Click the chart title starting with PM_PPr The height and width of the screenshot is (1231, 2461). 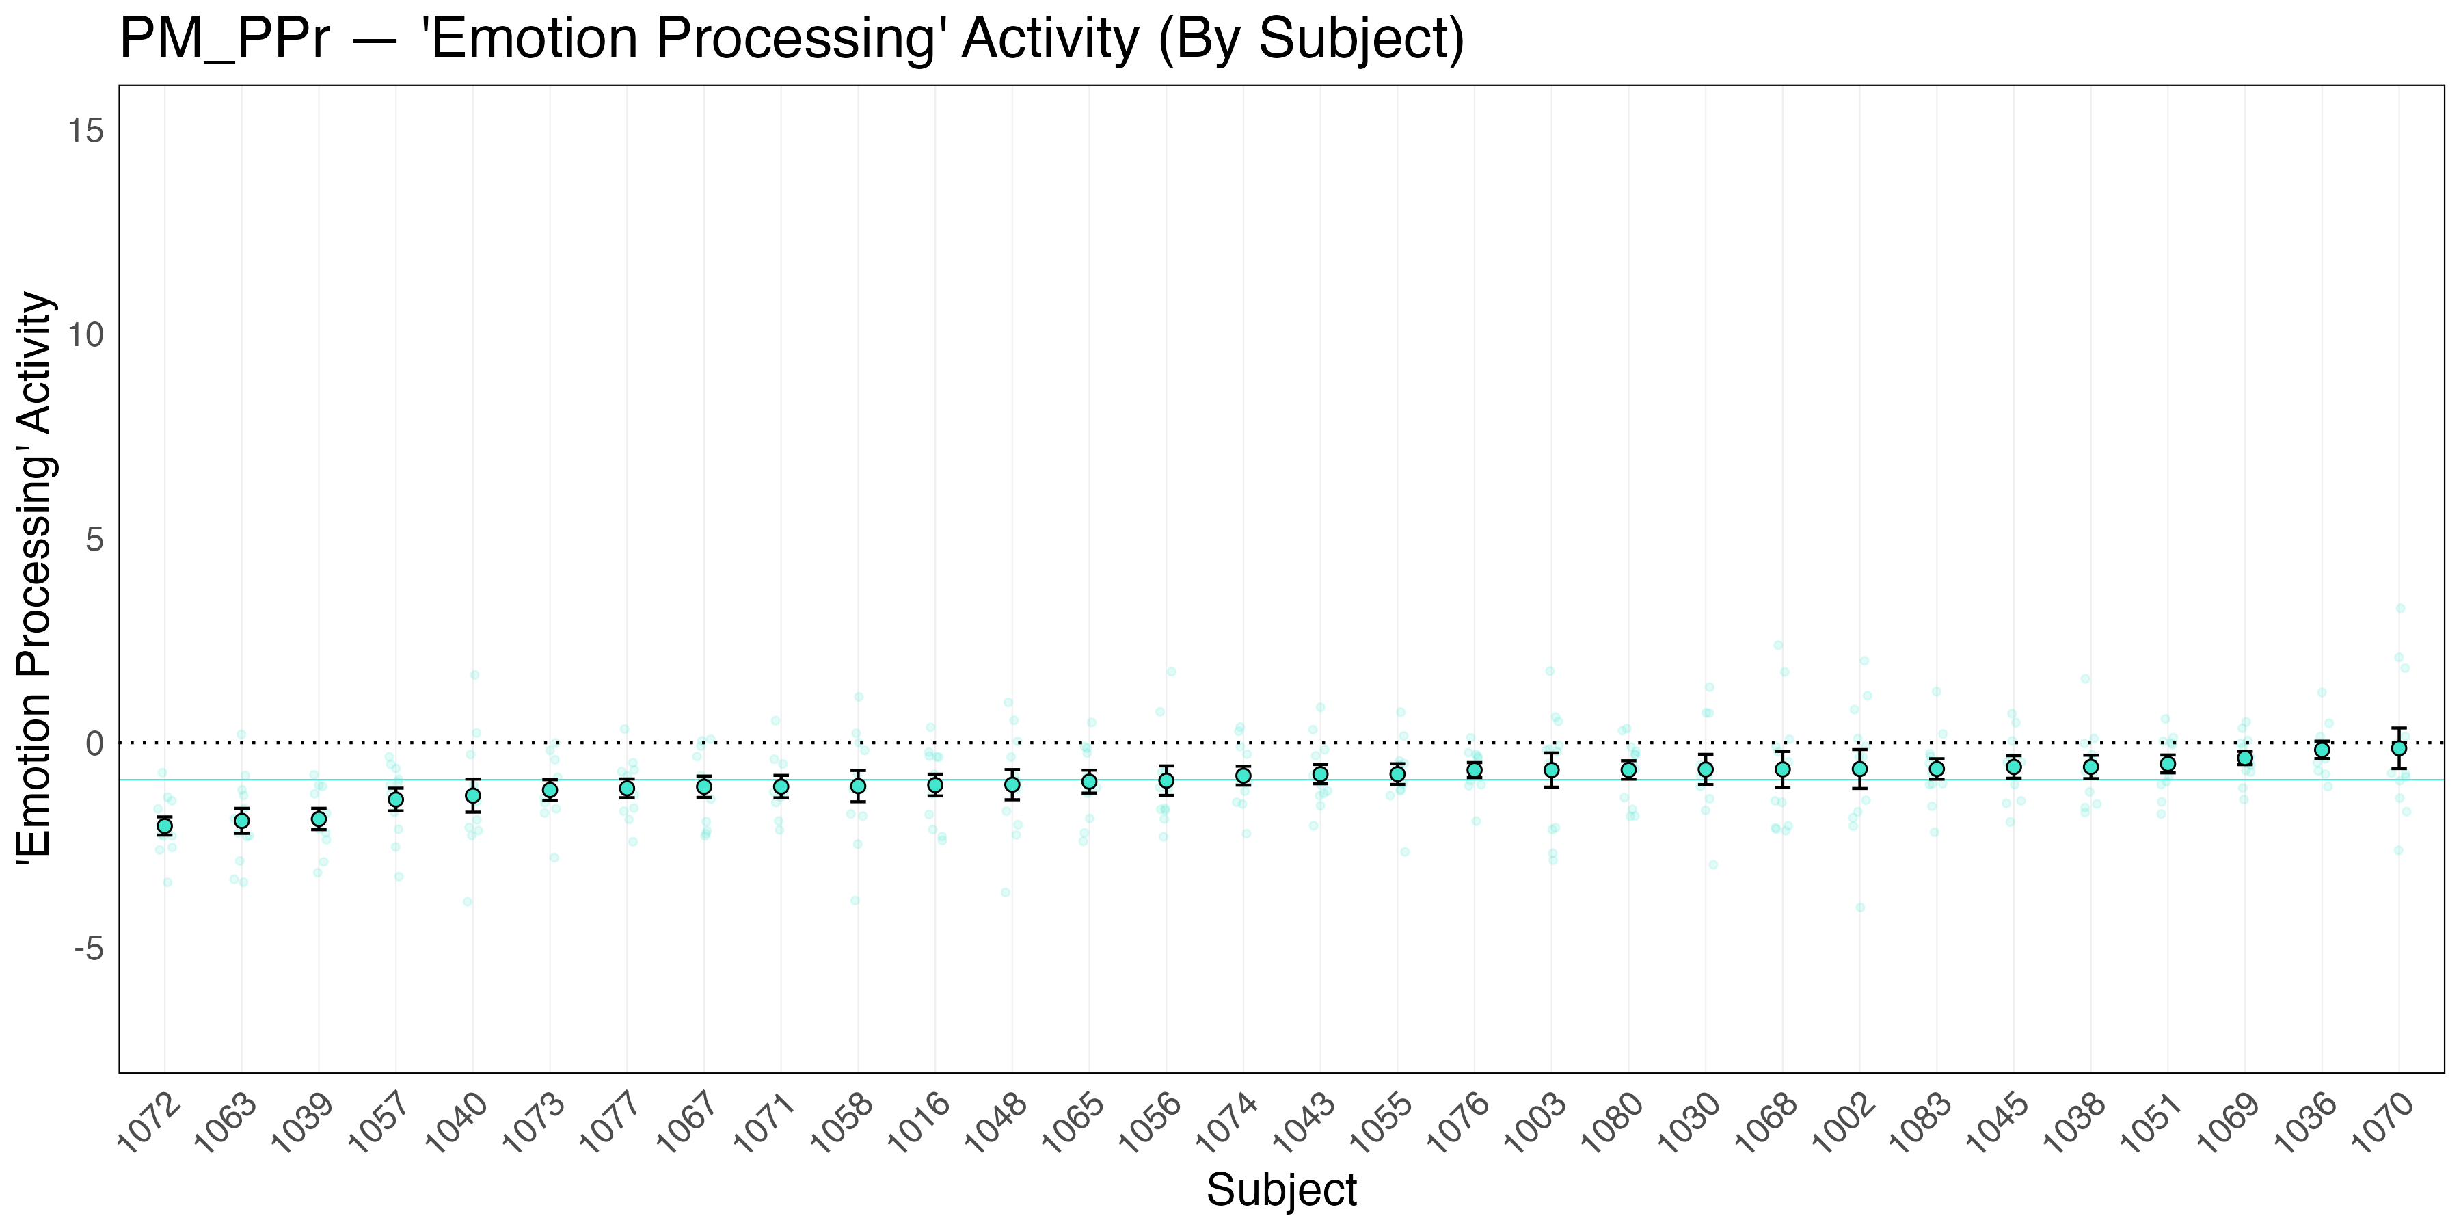[x=791, y=40]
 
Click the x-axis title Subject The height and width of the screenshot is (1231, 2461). [x=1280, y=1191]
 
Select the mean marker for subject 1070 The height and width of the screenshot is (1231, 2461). [x=2398, y=748]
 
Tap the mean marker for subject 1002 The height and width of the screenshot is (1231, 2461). [x=1859, y=769]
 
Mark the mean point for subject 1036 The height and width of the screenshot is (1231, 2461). [x=2322, y=750]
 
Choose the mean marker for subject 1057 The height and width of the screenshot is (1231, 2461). [x=396, y=800]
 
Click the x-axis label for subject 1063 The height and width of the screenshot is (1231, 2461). [x=226, y=1125]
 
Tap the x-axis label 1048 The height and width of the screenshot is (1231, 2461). [x=997, y=1125]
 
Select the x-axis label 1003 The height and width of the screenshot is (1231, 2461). [x=1535, y=1125]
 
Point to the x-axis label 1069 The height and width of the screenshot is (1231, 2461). [x=2229, y=1125]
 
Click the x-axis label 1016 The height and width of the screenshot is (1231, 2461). [x=919, y=1125]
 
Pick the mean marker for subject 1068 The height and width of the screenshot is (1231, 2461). [x=1781, y=769]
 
